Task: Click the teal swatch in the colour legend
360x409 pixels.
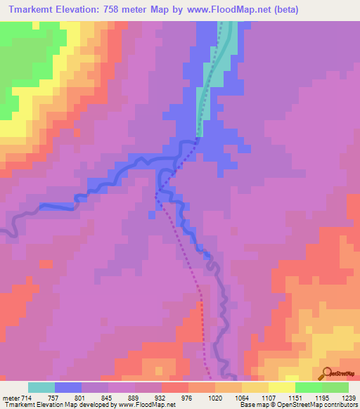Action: (x=41, y=387)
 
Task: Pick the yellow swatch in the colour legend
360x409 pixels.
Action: (x=282, y=387)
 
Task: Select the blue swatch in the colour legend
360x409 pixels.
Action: (x=68, y=387)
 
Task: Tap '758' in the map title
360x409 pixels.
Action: (x=127, y=10)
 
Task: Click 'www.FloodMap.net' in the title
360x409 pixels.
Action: (x=221, y=10)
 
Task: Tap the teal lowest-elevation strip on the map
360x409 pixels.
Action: (x=217, y=70)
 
